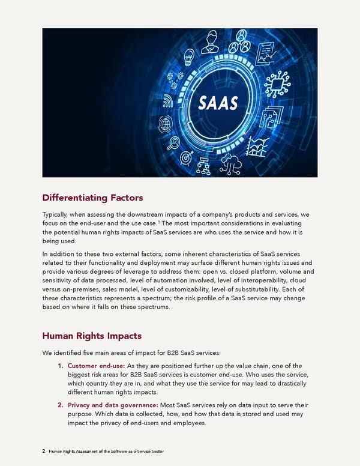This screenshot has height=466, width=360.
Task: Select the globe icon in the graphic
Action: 166,124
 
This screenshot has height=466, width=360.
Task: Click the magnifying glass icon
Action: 175,143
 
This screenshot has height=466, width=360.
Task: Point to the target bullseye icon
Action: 187,157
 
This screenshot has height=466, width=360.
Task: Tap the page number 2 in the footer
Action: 44,450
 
